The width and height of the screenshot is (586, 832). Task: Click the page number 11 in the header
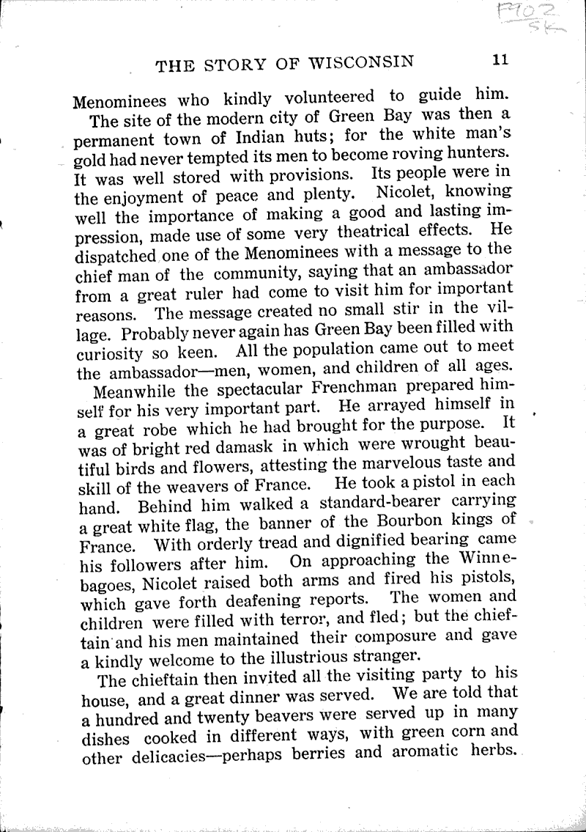(x=500, y=61)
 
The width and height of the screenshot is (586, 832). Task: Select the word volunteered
(x=325, y=97)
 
